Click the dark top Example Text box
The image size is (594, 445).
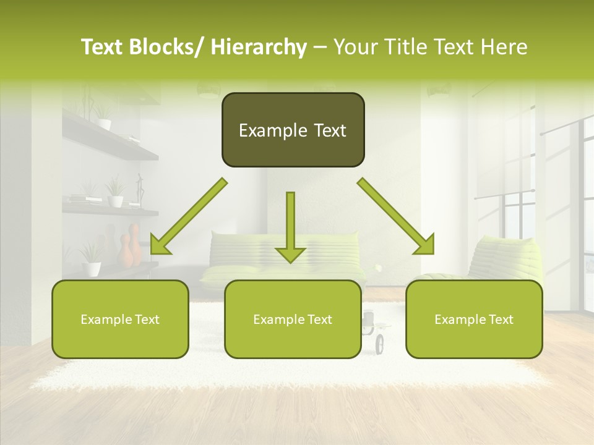pos(293,130)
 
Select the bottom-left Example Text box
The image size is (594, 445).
pos(120,319)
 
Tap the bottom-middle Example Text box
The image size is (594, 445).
pos(293,319)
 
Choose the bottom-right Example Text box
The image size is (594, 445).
pos(474,319)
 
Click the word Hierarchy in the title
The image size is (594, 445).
pos(259,47)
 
